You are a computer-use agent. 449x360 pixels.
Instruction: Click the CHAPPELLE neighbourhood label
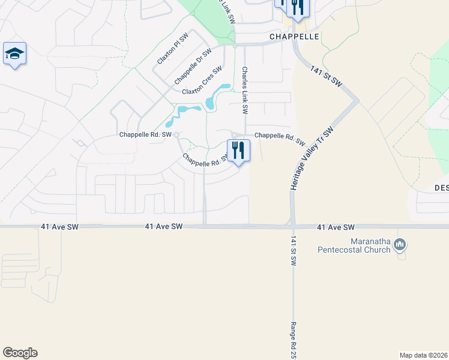pyautogui.click(x=294, y=37)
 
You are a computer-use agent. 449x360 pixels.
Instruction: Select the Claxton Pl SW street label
pyautogui.click(x=173, y=49)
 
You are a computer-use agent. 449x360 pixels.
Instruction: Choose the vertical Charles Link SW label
pyautogui.click(x=245, y=91)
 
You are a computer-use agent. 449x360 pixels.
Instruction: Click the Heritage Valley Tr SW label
pyautogui.click(x=311, y=159)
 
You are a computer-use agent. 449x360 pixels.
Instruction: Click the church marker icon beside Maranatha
pyautogui.click(x=401, y=245)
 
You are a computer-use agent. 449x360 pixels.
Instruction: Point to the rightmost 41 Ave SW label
pyautogui.click(x=336, y=227)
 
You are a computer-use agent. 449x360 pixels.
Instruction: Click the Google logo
pyautogui.click(x=20, y=353)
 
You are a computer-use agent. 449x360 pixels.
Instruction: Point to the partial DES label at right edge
pyautogui.click(x=441, y=187)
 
